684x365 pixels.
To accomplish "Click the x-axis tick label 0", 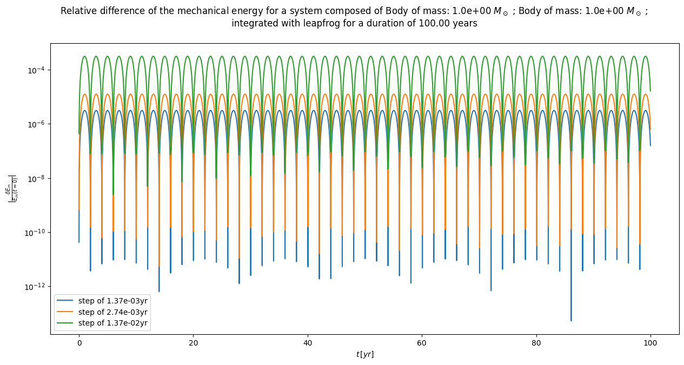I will (79, 342).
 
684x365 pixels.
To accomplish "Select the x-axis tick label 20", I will (193, 342).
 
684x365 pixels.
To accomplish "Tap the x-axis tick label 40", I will (308, 342).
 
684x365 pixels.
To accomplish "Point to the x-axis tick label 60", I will (422, 342).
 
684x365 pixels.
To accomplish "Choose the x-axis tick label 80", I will (536, 342).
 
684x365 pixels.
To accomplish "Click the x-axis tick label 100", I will (650, 342).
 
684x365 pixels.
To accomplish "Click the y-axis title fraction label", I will (11, 188).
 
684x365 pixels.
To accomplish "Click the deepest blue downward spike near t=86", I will (570, 319).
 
